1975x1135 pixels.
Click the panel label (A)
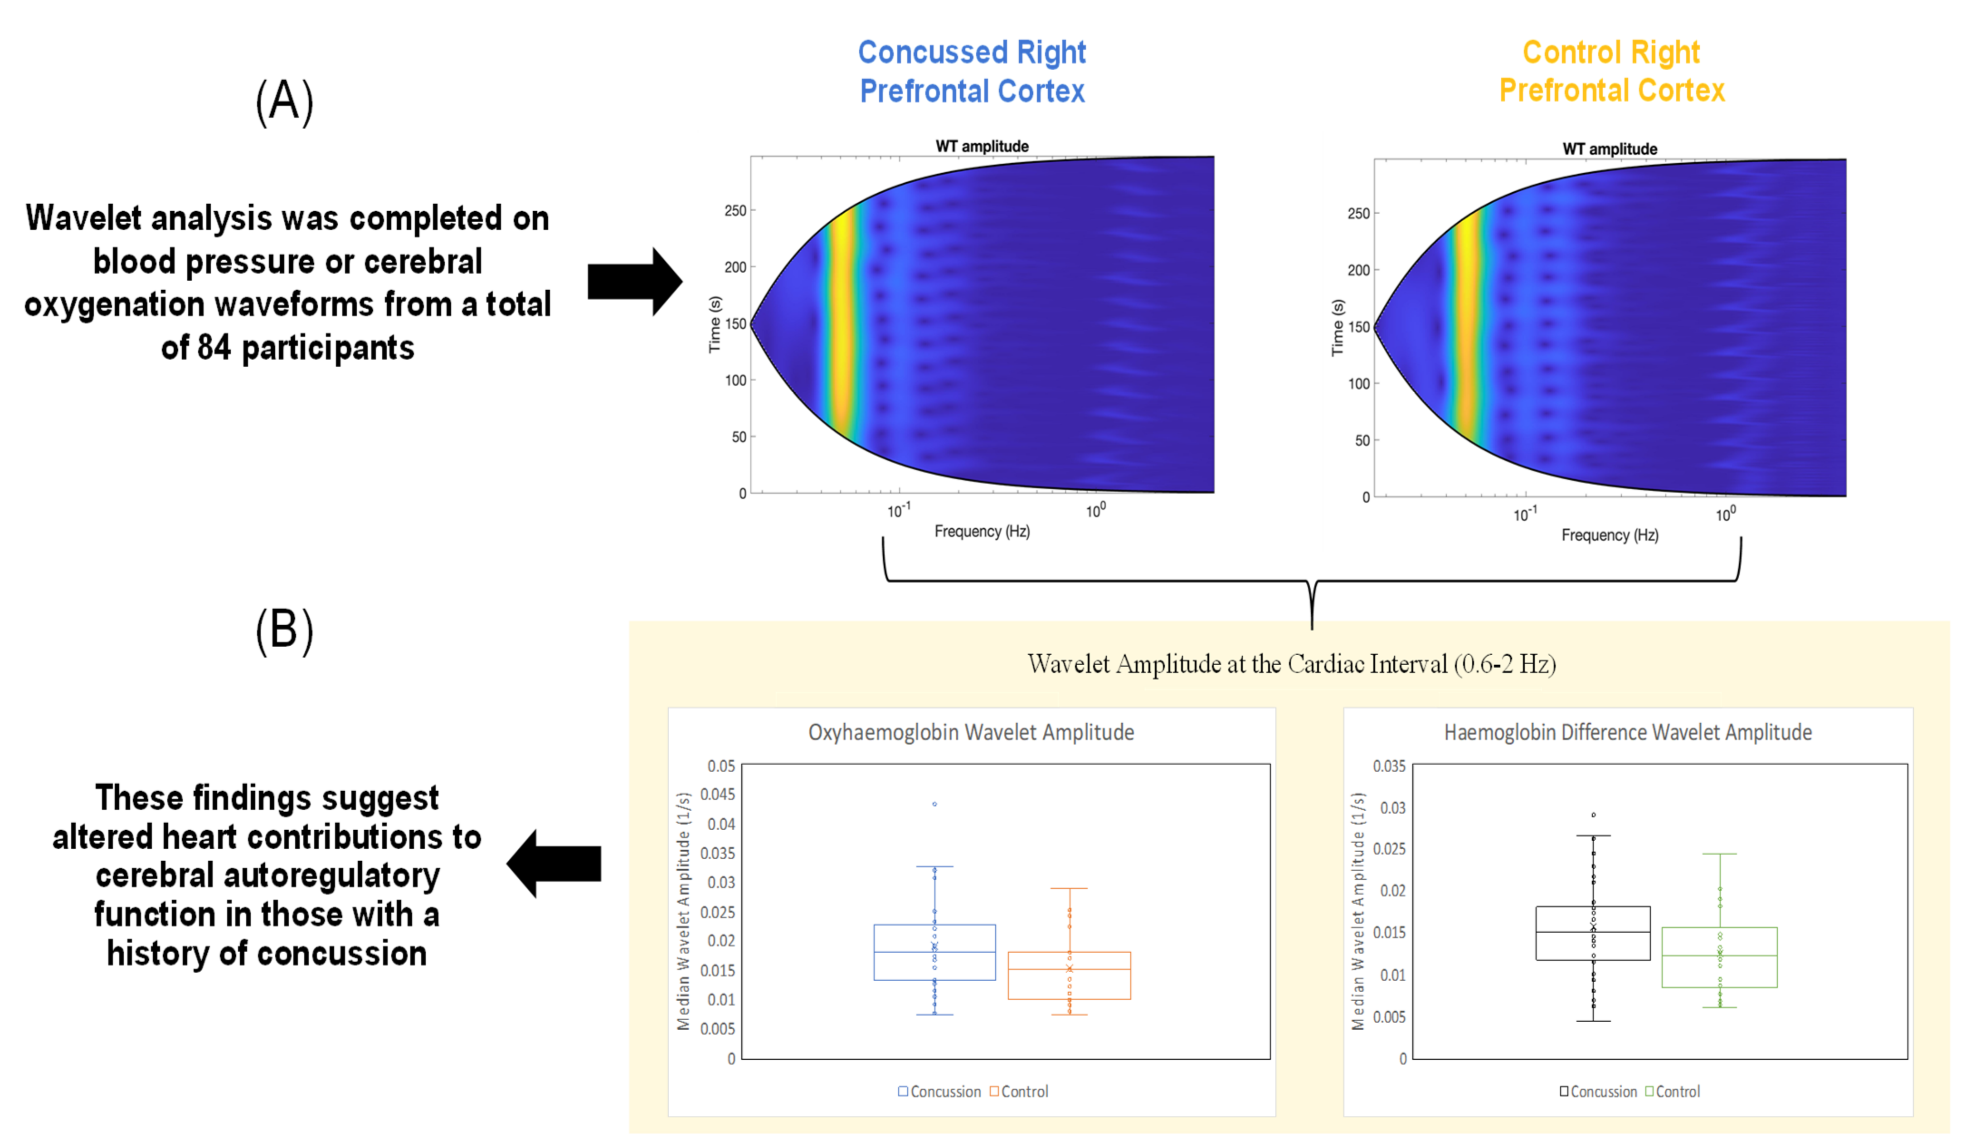click(x=284, y=102)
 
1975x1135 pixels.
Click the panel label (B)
click(x=284, y=631)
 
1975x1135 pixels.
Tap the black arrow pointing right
click(x=634, y=282)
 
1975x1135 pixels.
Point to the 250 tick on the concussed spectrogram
click(x=735, y=210)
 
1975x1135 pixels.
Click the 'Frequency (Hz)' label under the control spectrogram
click(x=1610, y=535)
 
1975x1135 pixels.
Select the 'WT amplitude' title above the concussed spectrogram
click(x=981, y=146)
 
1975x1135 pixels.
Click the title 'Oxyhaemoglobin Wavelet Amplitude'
click(x=970, y=732)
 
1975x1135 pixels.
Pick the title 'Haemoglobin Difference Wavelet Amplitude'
click(x=1627, y=732)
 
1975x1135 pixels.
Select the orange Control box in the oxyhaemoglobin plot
click(x=1069, y=975)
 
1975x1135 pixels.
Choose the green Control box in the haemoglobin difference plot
click(x=1719, y=957)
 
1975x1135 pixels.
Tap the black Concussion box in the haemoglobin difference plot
click(x=1593, y=933)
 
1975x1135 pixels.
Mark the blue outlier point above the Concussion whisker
click(x=934, y=804)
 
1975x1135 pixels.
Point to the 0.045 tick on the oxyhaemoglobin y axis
click(x=717, y=794)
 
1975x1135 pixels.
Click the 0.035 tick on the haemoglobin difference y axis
click(x=1389, y=766)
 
